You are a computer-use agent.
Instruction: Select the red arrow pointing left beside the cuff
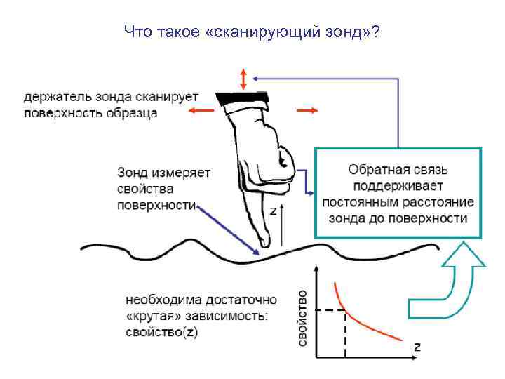(201, 110)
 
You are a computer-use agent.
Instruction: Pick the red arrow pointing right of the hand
(307, 110)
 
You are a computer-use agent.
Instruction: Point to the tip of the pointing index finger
(265, 243)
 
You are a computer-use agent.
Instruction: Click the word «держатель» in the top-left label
(57, 96)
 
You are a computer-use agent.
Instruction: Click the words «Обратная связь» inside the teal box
(398, 170)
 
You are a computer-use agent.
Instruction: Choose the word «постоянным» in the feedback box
(358, 201)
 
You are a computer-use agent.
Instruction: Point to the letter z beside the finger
(273, 210)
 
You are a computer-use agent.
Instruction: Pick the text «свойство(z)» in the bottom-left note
(162, 332)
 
